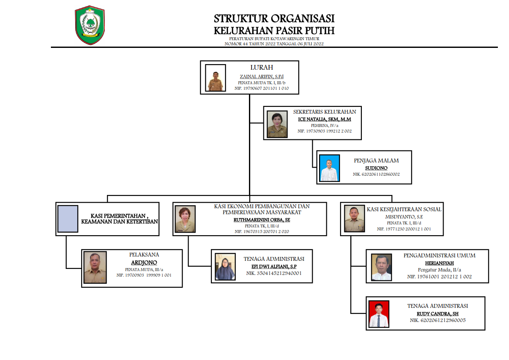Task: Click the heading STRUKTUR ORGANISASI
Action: click(274, 19)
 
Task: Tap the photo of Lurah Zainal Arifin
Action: click(215, 78)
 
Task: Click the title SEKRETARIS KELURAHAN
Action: click(324, 112)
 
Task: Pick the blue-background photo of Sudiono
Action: click(329, 168)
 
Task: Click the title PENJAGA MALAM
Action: click(376, 161)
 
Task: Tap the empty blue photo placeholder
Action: click(68, 219)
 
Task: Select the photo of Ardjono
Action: click(95, 268)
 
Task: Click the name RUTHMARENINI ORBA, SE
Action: click(262, 220)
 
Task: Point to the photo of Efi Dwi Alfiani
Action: click(225, 267)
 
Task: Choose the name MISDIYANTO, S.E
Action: click(404, 217)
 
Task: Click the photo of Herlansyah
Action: click(382, 267)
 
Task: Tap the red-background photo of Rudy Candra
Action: click(379, 314)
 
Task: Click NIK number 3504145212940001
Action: click(274, 272)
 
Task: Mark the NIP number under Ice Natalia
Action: click(324, 131)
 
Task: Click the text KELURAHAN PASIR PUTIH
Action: click(274, 31)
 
